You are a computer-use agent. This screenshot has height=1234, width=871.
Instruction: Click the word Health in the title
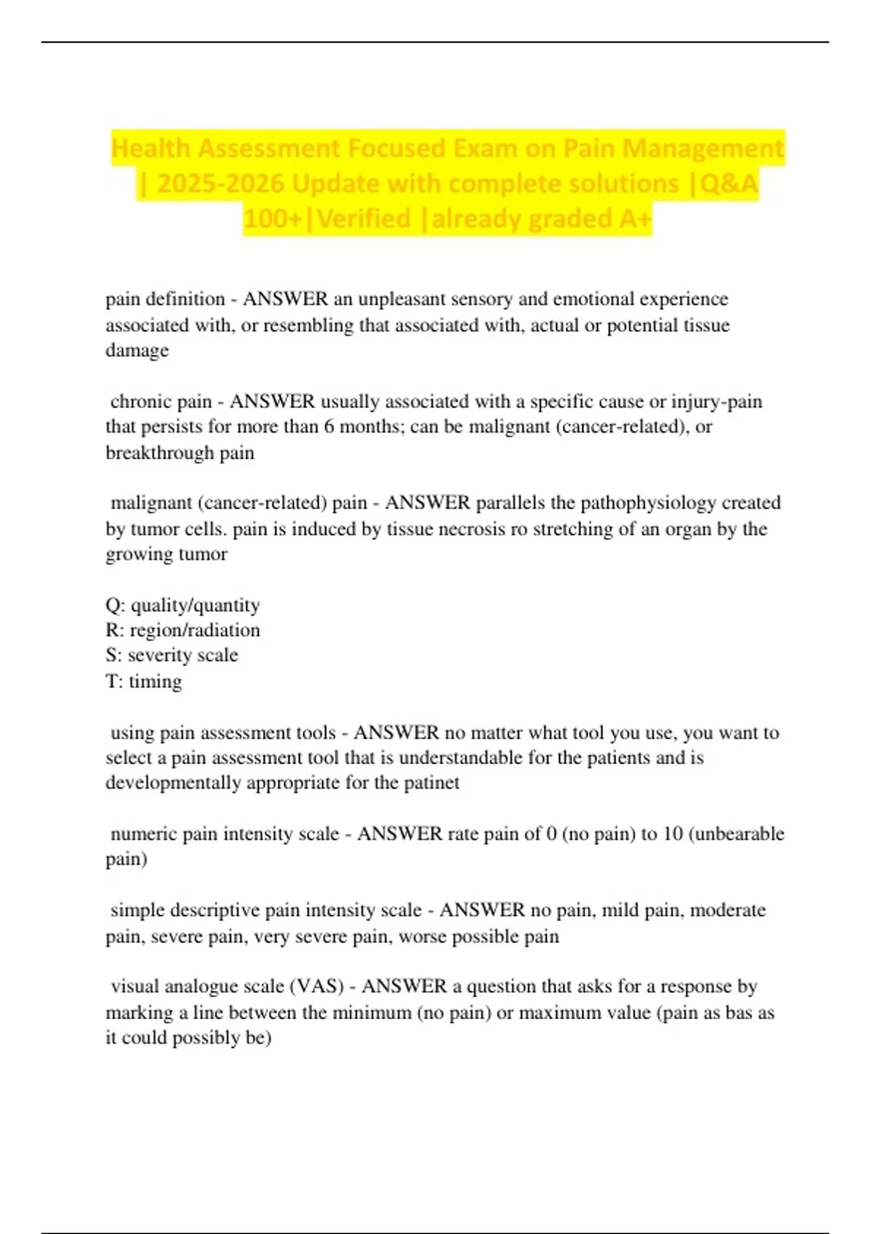point(151,149)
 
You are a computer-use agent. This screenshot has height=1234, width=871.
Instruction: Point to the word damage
point(137,351)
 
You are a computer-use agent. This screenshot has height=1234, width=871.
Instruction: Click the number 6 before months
point(329,426)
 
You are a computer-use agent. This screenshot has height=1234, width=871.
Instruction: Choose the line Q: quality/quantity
point(183,605)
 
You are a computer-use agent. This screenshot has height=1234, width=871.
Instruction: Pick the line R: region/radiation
point(183,630)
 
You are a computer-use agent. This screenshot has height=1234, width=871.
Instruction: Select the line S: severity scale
point(172,655)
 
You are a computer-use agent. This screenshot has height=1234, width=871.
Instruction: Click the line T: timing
point(144,681)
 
